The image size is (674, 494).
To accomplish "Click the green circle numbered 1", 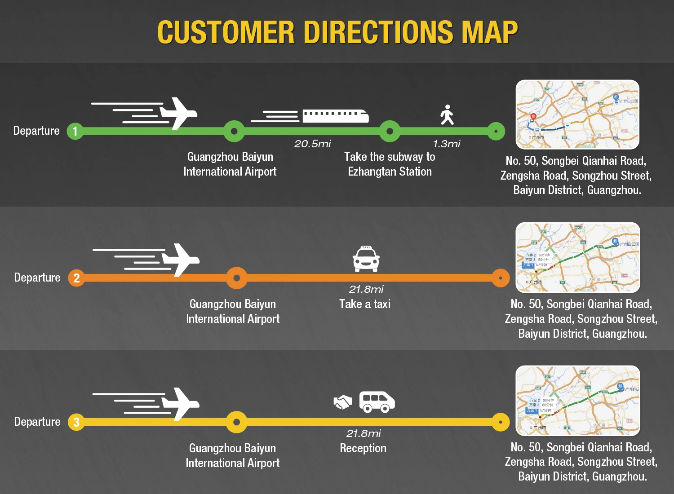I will [x=75, y=131].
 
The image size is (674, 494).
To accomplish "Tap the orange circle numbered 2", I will [x=76, y=278].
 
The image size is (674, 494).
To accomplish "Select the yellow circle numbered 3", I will [x=76, y=422].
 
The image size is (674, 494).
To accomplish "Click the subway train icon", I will [x=335, y=116].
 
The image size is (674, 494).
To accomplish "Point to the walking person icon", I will [x=447, y=115].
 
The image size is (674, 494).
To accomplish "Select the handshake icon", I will [x=343, y=402].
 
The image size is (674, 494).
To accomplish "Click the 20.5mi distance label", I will [x=313, y=144].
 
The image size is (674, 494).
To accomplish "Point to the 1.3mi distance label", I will [x=447, y=144].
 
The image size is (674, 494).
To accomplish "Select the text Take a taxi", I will [x=365, y=304].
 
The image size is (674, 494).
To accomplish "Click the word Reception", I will [x=363, y=448].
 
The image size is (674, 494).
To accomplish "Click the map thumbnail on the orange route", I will [x=578, y=257].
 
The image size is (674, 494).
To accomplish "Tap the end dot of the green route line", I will [x=496, y=131].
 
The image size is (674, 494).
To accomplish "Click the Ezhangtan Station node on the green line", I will [x=390, y=131].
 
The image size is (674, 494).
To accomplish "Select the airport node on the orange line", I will [x=237, y=278].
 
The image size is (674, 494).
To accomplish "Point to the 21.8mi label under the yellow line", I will [x=364, y=433].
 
